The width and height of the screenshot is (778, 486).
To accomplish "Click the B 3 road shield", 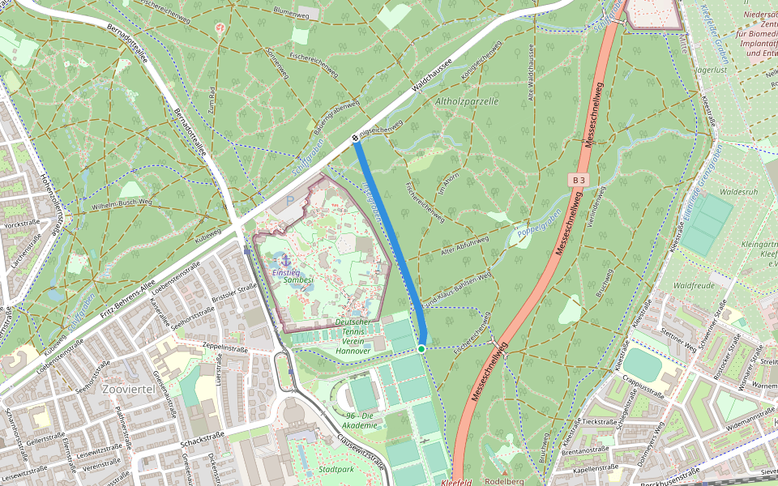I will (578, 178).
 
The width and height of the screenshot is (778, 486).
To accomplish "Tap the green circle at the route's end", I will (421, 348).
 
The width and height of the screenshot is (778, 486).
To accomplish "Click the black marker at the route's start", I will (356, 139).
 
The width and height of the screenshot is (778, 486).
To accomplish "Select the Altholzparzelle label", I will (467, 101).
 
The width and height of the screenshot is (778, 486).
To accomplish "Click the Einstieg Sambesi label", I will (292, 275).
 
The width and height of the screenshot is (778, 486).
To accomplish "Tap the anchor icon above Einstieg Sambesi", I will (285, 261).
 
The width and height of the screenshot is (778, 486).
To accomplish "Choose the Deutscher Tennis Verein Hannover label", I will (353, 336).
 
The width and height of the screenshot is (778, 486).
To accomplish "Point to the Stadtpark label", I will (336, 469).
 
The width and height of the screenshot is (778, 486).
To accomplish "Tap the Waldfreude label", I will (693, 285).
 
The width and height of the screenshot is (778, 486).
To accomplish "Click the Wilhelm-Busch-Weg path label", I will (122, 201).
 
